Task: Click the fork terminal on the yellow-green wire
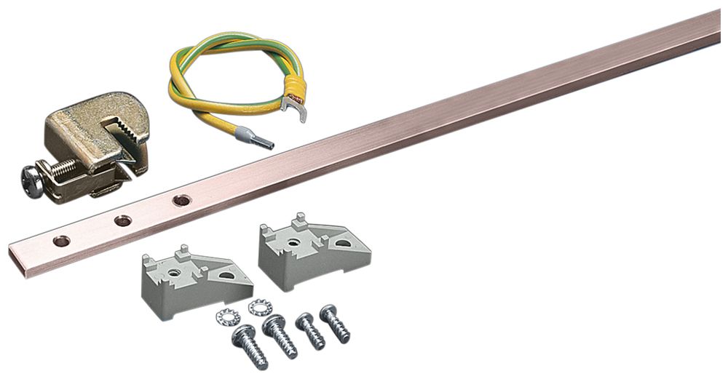pyautogui.click(x=296, y=106)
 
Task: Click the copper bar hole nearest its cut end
pyautogui.click(x=61, y=240)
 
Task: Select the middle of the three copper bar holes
pyautogui.click(x=123, y=220)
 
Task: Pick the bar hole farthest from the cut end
pyautogui.click(x=181, y=199)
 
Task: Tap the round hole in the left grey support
pyautogui.click(x=175, y=274)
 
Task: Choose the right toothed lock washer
pyautogui.click(x=259, y=308)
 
